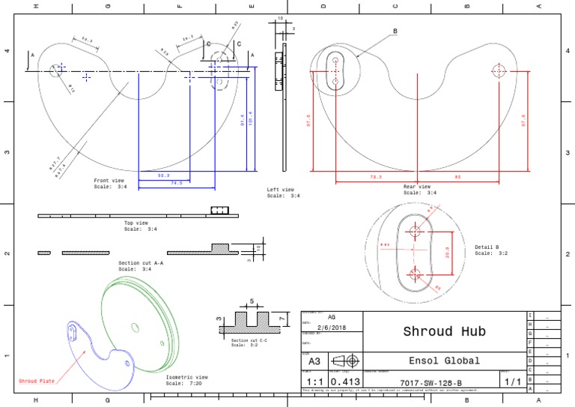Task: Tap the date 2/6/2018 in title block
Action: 331,327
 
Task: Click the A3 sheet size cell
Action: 314,361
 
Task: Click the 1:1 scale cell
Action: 314,382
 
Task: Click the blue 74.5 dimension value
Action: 177,183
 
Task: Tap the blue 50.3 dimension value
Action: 164,175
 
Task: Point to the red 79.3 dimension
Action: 376,177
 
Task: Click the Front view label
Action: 109,181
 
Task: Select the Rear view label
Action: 417,187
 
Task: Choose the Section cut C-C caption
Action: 249,340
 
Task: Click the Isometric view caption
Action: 186,377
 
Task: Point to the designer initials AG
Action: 331,318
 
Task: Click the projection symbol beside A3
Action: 344,361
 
